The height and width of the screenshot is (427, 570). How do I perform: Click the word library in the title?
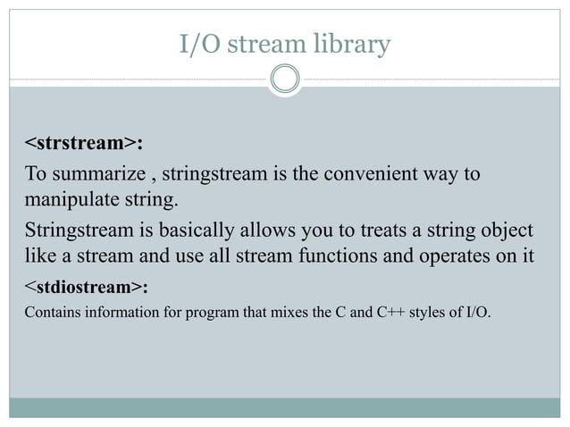tap(355, 44)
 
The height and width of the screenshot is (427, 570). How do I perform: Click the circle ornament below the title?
tap(285, 79)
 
